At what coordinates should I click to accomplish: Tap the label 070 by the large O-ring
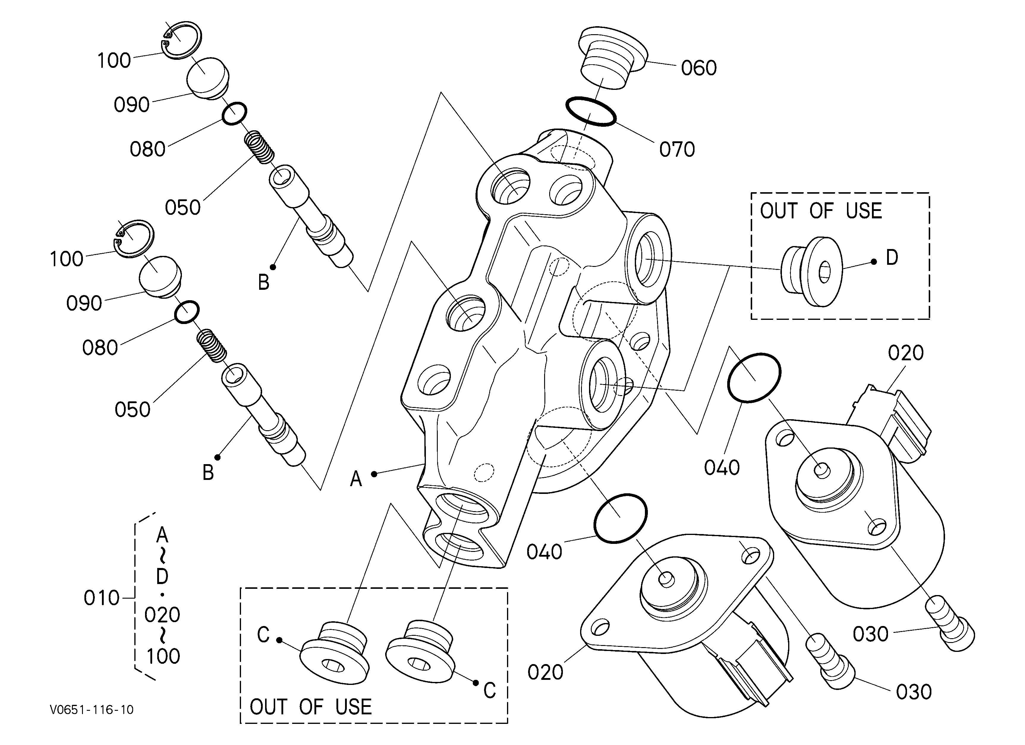677,149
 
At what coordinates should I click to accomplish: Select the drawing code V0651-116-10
92,709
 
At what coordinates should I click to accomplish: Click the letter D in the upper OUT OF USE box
892,258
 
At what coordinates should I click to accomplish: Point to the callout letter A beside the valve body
356,479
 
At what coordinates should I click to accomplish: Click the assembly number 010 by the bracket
101,598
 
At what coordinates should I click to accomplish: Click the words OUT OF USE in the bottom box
311,707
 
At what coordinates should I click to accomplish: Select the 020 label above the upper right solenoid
905,353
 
